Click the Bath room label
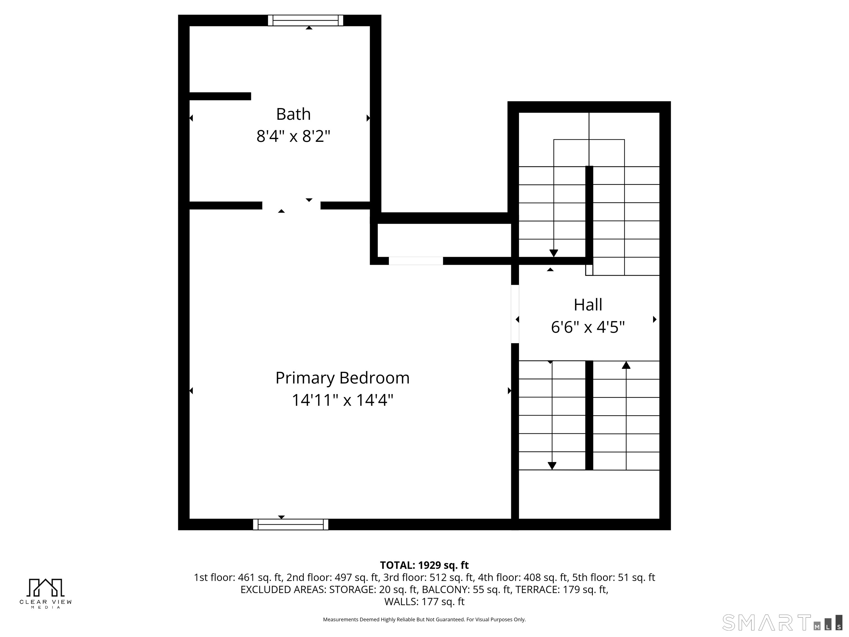click(293, 114)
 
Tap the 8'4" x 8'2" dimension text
click(293, 136)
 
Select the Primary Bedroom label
click(342, 378)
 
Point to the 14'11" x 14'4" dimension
click(342, 400)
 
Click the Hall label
click(588, 305)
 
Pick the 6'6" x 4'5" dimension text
click(588, 327)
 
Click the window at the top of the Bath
click(305, 20)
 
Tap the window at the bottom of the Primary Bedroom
click(290, 524)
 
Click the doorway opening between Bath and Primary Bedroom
click(291, 205)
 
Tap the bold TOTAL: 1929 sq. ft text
click(424, 565)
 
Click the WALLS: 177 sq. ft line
click(424, 602)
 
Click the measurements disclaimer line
click(424, 619)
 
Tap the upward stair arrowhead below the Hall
click(626, 365)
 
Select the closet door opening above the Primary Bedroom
click(416, 261)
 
